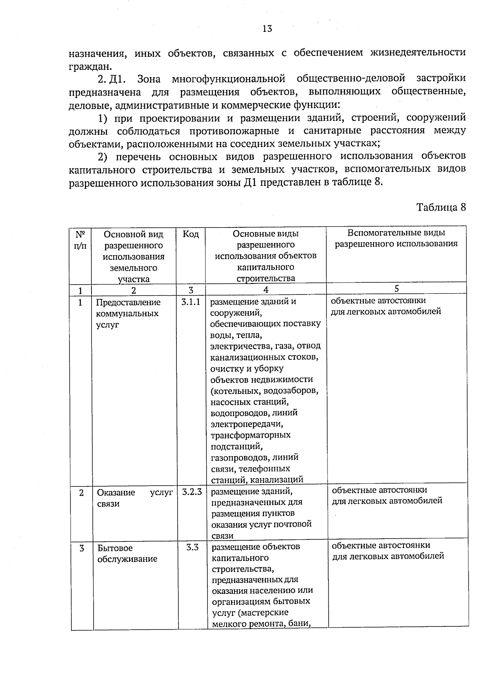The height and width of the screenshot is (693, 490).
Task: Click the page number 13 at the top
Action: coord(267,29)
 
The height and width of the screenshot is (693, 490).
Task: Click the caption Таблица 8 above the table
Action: coord(441,207)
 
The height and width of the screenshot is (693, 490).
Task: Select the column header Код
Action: coord(191,234)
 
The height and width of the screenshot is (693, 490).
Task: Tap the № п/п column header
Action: coord(80,240)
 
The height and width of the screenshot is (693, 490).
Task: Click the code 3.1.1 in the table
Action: coord(191,302)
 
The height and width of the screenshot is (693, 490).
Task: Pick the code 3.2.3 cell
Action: coord(192,492)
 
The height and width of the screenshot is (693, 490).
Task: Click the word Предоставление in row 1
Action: coord(128,303)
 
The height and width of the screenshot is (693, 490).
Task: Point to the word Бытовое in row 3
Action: coord(115,548)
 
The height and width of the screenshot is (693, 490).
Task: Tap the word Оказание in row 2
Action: coord(116,492)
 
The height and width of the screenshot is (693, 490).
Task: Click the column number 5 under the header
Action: coord(396,288)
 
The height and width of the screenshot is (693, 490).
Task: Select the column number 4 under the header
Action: coord(266,290)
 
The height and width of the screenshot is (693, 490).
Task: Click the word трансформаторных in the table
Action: coord(250,435)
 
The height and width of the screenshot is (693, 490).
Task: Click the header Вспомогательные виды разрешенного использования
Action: coord(396,238)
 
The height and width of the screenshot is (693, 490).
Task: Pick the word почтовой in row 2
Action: coord(294,524)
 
